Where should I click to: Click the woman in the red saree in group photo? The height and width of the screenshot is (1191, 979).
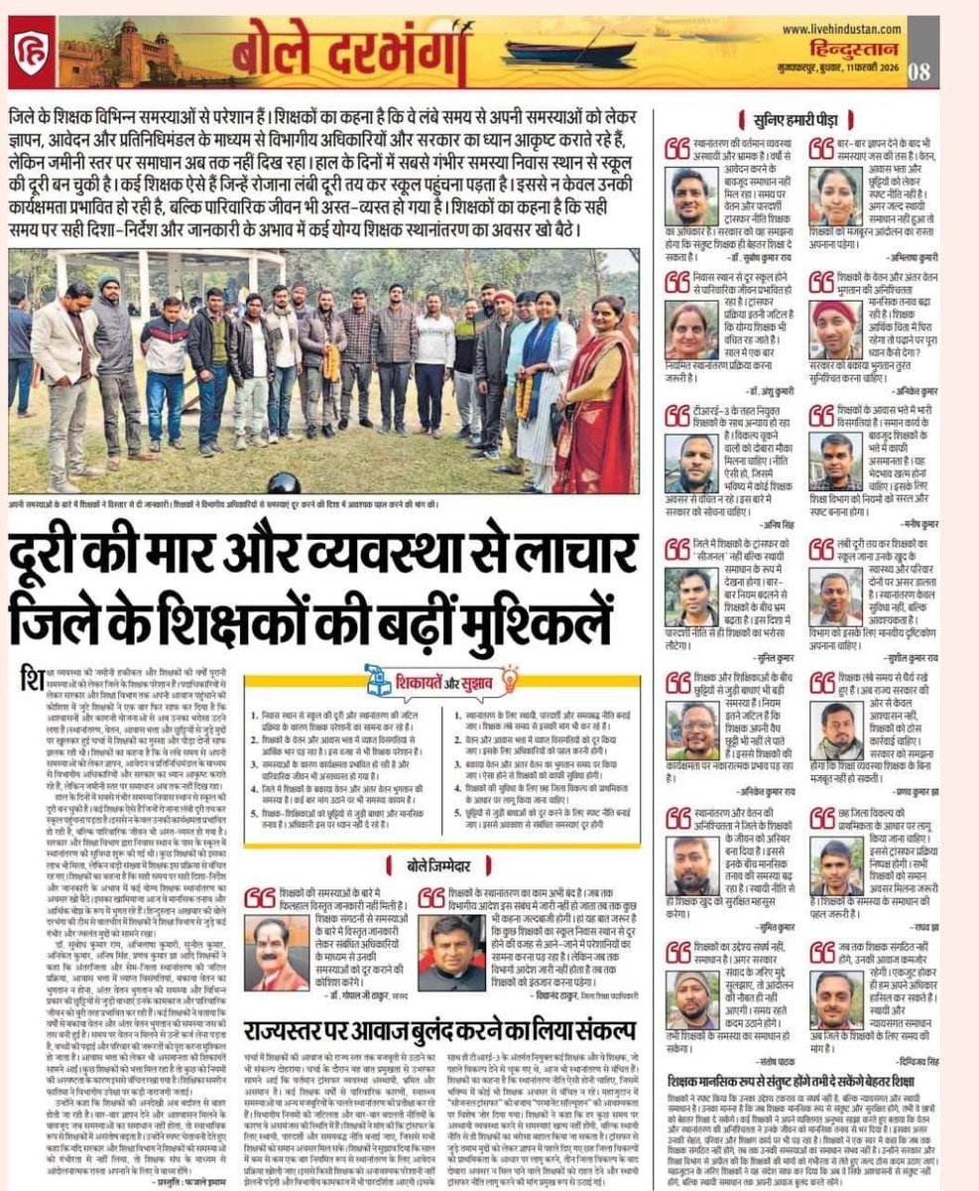pyautogui.click(x=596, y=388)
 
